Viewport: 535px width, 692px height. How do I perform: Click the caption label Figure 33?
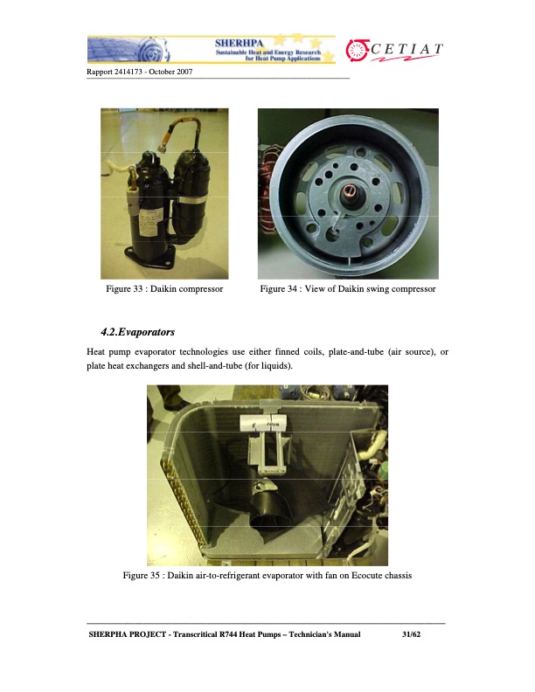[131, 288]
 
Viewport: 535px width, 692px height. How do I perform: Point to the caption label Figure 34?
[286, 288]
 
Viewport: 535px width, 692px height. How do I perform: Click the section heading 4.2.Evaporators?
[138, 333]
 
